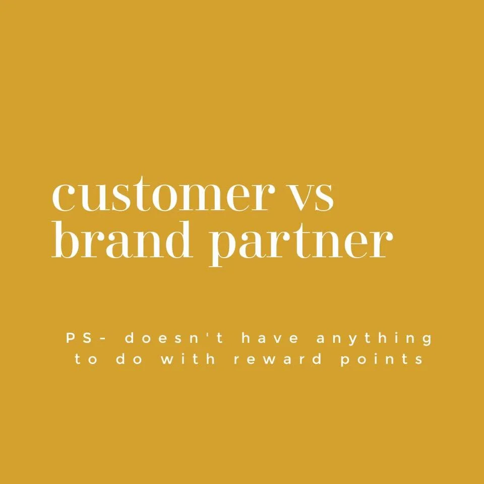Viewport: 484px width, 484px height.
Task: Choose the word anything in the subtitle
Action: pyautogui.click(x=374, y=339)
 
